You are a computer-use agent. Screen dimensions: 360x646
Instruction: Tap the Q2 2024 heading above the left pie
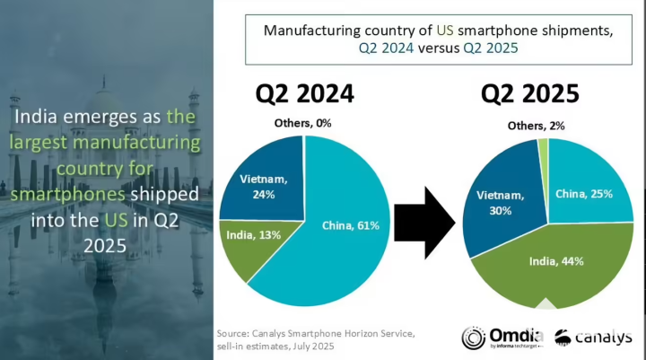point(305,93)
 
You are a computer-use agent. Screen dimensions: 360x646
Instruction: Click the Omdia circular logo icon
point(474,338)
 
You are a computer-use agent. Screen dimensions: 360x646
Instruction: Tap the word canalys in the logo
point(605,338)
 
